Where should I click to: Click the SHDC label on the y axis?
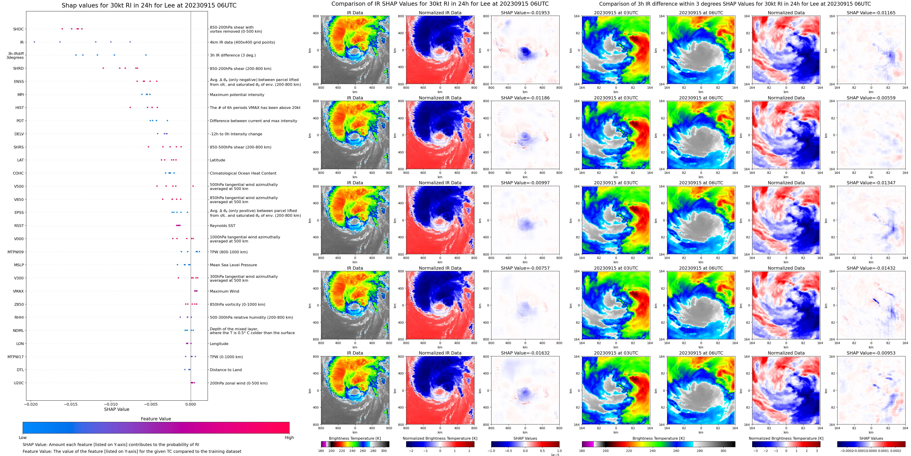pyautogui.click(x=18, y=29)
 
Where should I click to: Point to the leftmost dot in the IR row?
pyautogui.click(x=34, y=42)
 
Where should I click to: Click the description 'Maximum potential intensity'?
pyautogui.click(x=237, y=95)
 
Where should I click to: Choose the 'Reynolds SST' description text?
pyautogui.click(x=222, y=226)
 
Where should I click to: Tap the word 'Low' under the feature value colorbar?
pyautogui.click(x=23, y=438)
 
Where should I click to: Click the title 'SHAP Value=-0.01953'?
pyautogui.click(x=525, y=13)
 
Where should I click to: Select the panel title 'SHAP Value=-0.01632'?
pyautogui.click(x=525, y=353)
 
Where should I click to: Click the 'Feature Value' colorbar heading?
pyautogui.click(x=156, y=419)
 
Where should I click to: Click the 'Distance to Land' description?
pyautogui.click(x=226, y=370)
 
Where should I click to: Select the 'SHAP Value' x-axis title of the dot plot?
pyautogui.click(x=117, y=409)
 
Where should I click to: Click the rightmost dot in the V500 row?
pyautogui.click(x=193, y=186)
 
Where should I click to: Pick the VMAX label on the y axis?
pyautogui.click(x=18, y=291)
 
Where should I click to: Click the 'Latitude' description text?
pyautogui.click(x=218, y=160)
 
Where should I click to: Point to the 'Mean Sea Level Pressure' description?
pyautogui.click(x=233, y=265)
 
